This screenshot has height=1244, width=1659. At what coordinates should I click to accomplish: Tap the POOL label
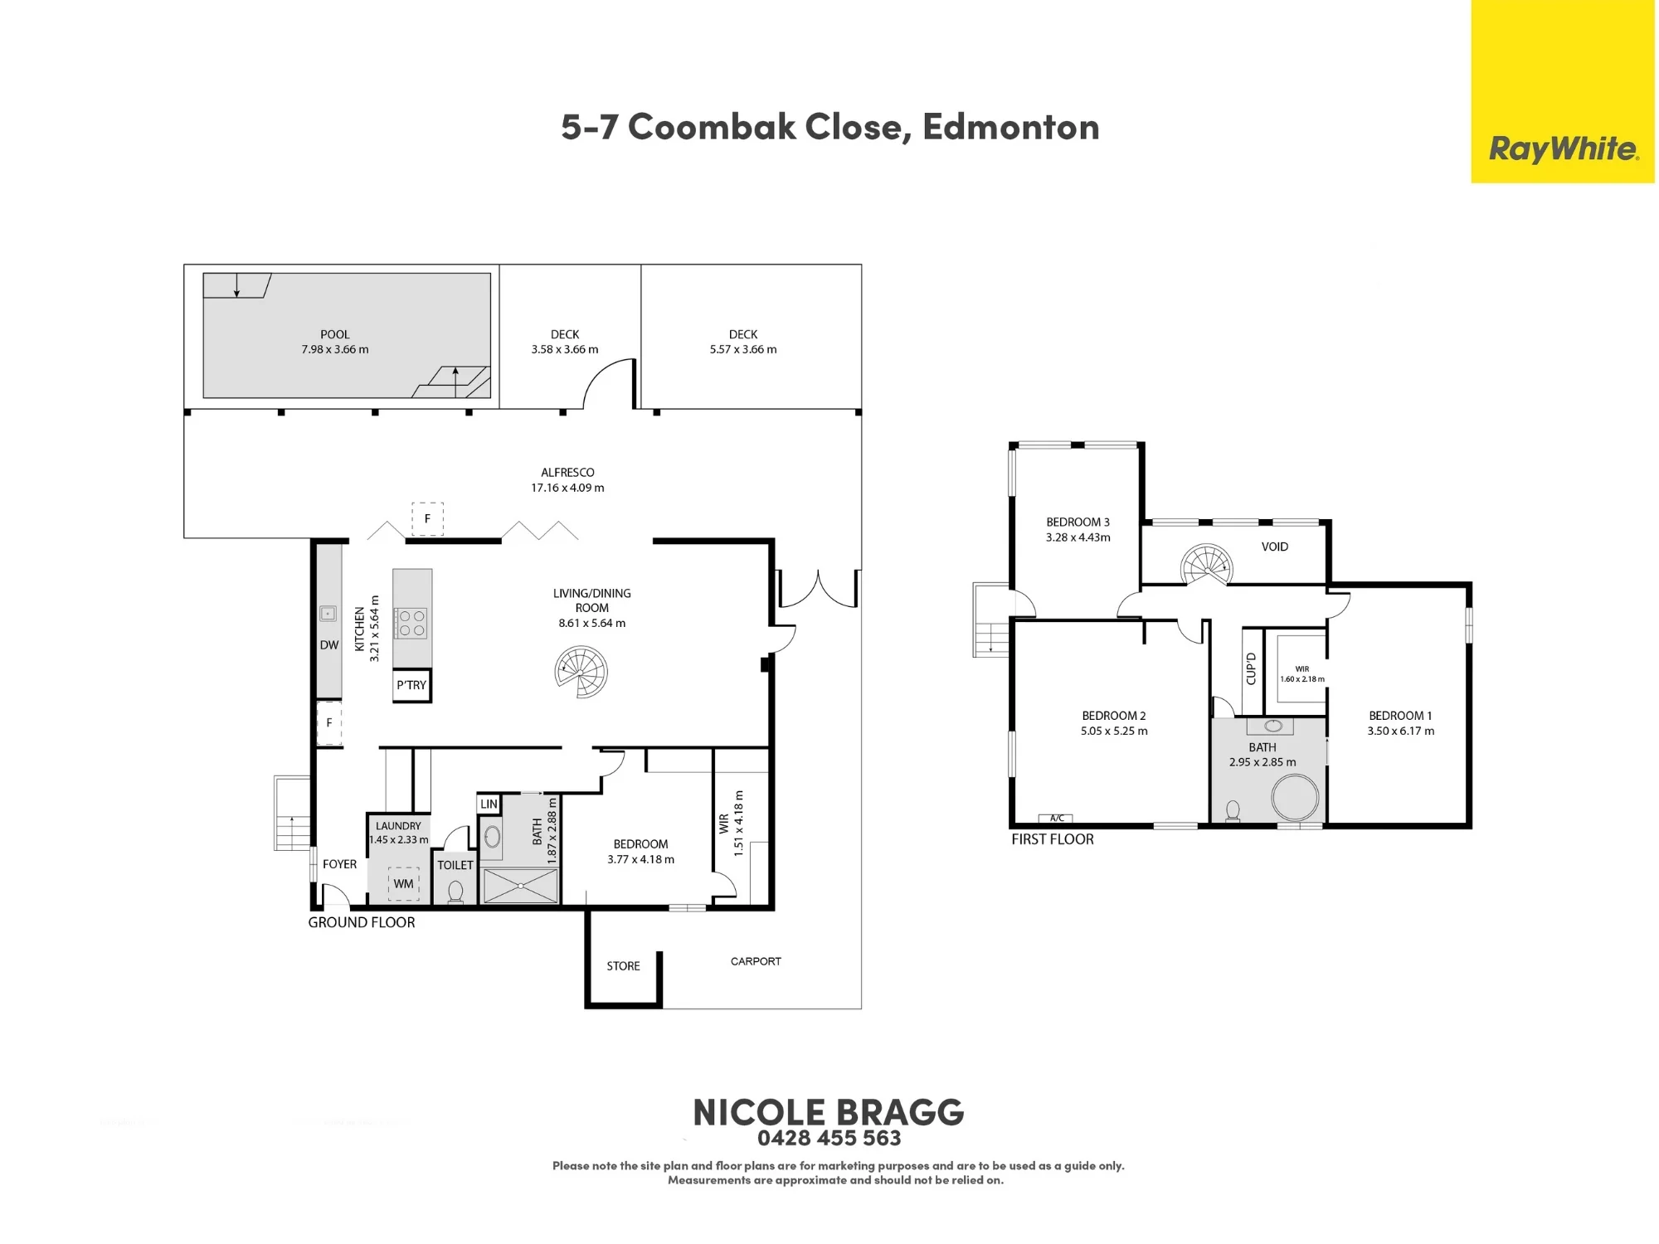[x=335, y=334]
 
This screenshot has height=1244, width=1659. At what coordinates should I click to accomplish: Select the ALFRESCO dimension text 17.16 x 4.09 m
[x=567, y=488]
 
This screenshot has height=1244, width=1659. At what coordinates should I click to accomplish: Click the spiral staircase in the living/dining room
[x=581, y=672]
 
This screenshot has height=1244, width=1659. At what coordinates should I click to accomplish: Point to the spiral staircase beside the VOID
[x=1207, y=566]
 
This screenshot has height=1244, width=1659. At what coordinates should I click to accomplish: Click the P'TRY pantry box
[x=411, y=686]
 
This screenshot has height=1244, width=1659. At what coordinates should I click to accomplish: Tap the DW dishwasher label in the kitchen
[x=329, y=645]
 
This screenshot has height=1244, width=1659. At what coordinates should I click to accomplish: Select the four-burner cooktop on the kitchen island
[x=411, y=623]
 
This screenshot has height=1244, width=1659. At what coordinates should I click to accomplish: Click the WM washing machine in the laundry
[x=404, y=884]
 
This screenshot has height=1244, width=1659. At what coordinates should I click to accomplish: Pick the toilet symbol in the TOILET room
[x=455, y=892]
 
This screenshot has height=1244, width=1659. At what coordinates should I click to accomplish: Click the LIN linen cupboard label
[x=489, y=804]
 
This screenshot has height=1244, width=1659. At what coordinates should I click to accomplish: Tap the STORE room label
[x=623, y=966]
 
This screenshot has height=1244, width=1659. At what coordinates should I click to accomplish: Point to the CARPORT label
[x=756, y=961]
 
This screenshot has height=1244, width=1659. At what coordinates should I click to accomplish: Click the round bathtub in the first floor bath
[x=1295, y=797]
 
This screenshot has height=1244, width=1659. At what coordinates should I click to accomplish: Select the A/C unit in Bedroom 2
[x=1056, y=819]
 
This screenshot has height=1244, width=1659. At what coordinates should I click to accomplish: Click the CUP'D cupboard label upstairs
[x=1252, y=668]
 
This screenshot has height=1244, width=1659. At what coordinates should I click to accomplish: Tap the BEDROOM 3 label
[x=1078, y=522]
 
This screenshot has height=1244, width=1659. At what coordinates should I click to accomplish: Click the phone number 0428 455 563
[x=829, y=1138]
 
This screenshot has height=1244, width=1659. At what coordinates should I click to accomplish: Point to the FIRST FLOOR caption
[x=1053, y=839]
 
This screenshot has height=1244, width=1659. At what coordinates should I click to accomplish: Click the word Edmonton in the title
[x=1010, y=127]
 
